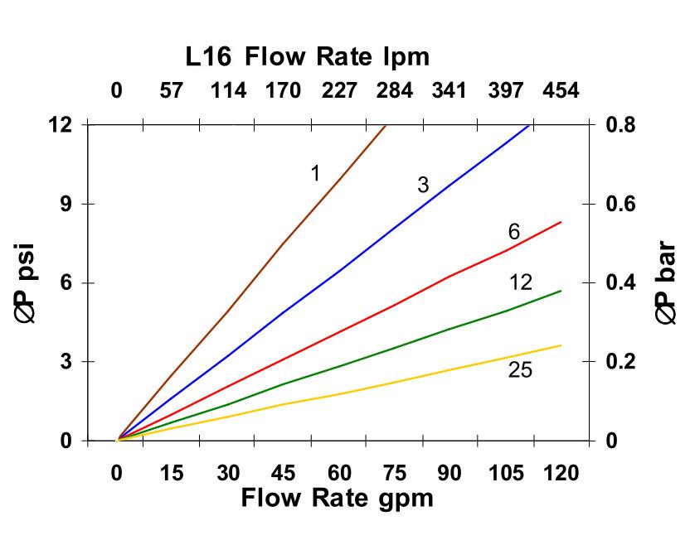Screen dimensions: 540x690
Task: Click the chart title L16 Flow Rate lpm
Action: click(308, 56)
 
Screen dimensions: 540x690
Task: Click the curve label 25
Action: click(520, 370)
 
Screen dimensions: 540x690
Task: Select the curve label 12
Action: click(520, 282)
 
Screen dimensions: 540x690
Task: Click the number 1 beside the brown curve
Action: click(315, 173)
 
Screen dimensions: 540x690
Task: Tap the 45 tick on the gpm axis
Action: click(283, 473)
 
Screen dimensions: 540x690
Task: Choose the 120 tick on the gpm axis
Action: click(561, 473)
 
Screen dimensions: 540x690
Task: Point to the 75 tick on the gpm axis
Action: click(394, 473)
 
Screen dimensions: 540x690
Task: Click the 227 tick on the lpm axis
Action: click(338, 90)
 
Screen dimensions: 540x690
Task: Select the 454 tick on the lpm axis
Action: click(561, 90)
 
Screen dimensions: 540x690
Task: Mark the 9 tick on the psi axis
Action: click(64, 204)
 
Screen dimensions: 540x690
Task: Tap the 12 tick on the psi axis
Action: click(60, 124)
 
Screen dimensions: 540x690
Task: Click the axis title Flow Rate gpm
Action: click(337, 498)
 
